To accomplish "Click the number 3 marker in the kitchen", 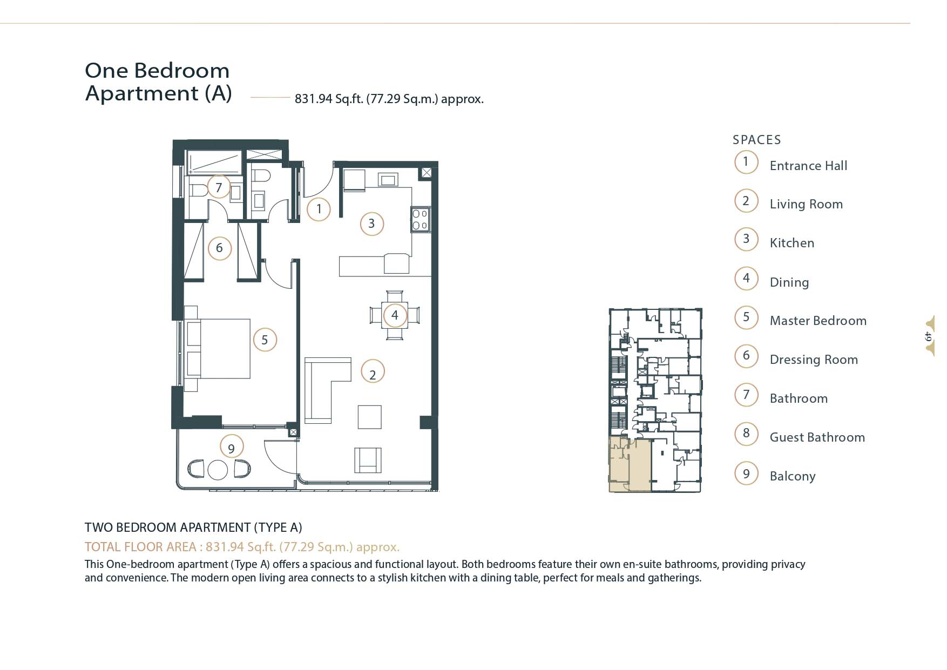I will point(371,224).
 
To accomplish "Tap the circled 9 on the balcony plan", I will point(232,448).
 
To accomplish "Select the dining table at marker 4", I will point(395,315).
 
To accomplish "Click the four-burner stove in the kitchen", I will point(420,219).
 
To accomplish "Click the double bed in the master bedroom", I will point(218,348).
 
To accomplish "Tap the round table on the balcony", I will point(218,469).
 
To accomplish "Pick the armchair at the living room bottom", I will point(368,460).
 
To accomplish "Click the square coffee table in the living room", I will point(369,417).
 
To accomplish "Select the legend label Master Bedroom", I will point(817,321).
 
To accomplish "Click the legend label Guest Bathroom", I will point(817,437).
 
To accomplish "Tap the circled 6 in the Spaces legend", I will point(746,356).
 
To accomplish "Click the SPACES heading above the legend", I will point(756,140).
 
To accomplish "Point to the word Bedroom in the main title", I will point(182,71).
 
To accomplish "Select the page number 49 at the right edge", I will point(929,336).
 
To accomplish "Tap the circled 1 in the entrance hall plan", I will point(319,209).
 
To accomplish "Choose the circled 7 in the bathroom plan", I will point(219,187).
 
